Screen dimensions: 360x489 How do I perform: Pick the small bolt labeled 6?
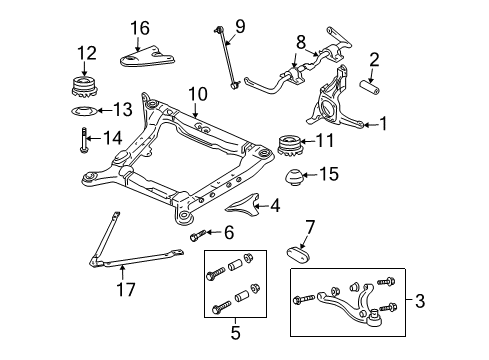point(196,236)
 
